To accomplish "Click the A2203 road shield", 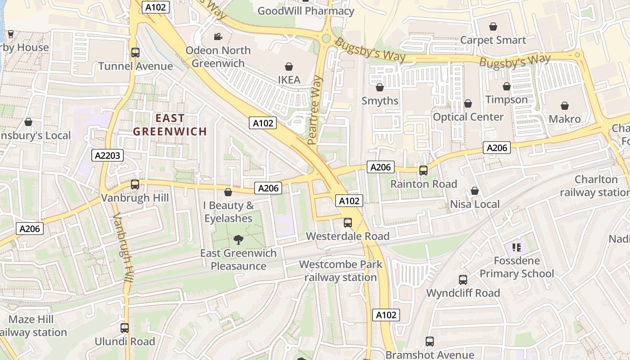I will pyautogui.click(x=108, y=156).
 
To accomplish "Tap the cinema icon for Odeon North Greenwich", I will pyautogui.click(x=218, y=37).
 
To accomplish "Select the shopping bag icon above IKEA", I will pyautogui.click(x=289, y=67).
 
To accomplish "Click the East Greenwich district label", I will pyautogui.click(x=170, y=125).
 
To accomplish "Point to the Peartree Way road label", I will pyautogui.click(x=316, y=110).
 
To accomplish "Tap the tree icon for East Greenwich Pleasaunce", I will pyautogui.click(x=238, y=240).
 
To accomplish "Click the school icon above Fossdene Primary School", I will pyautogui.click(x=516, y=247).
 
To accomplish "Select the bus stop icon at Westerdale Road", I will pyautogui.click(x=348, y=222).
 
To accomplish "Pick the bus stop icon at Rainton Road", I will pyautogui.click(x=423, y=170).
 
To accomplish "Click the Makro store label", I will pyautogui.click(x=565, y=119).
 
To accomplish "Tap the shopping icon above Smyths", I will pyautogui.click(x=380, y=87).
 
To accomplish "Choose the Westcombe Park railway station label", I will pyautogui.click(x=341, y=270).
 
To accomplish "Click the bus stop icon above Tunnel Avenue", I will pyautogui.click(x=135, y=52).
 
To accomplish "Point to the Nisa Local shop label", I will pyautogui.click(x=475, y=204).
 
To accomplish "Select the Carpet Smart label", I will pyautogui.click(x=493, y=40).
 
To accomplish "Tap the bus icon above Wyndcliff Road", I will pyautogui.click(x=463, y=279).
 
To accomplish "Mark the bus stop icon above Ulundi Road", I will pyautogui.click(x=125, y=328).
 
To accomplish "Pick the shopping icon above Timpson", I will pyautogui.click(x=507, y=86).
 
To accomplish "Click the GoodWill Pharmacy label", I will pyautogui.click(x=306, y=11).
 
